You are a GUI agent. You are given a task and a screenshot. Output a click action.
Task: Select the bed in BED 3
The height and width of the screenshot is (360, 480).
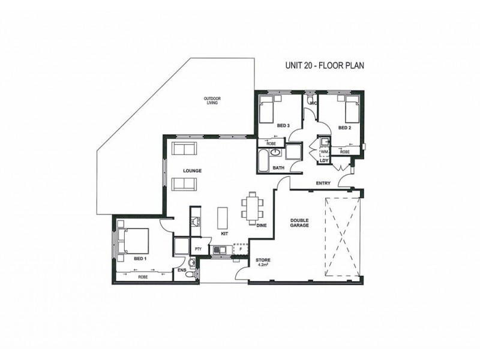pyautogui.click(x=269, y=110)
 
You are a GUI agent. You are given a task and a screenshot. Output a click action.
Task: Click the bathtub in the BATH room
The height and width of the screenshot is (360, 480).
pyautogui.click(x=264, y=160)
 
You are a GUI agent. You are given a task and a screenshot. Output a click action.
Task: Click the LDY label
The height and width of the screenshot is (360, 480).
pyautogui.click(x=323, y=160)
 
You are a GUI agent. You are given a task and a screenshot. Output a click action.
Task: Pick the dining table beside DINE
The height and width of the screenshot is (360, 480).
pyautogui.click(x=251, y=206)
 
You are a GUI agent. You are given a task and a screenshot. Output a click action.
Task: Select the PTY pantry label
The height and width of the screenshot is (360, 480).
pyautogui.click(x=197, y=248)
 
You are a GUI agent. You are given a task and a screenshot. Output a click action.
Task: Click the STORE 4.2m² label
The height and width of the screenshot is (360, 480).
pyautogui.click(x=262, y=262)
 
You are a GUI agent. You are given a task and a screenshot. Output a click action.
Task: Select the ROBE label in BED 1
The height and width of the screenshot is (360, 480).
pyautogui.click(x=143, y=277)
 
